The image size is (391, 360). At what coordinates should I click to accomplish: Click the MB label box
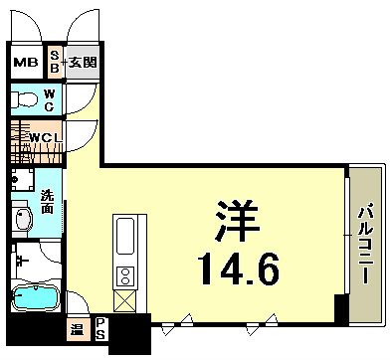pyautogui.click(x=26, y=64)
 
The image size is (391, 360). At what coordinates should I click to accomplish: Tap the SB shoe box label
pyautogui.click(x=55, y=64)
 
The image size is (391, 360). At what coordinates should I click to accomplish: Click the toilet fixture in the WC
pyautogui.click(x=22, y=100)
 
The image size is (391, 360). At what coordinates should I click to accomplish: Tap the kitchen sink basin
pyautogui.click(x=127, y=238)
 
